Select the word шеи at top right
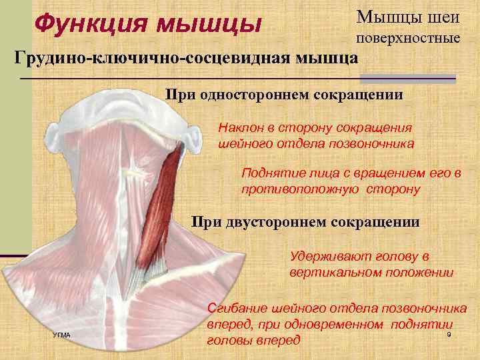442,16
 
